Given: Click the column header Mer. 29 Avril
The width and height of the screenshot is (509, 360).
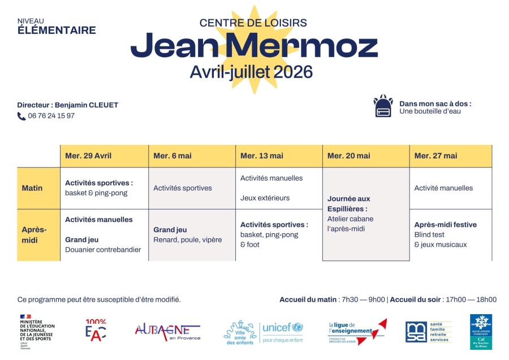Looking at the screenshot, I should pos(88,156).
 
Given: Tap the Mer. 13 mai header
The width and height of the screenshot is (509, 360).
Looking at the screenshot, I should pos(262,156).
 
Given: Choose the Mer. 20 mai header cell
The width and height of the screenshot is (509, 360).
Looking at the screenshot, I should pos(349,156).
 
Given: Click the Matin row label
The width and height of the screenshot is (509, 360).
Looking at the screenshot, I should pos(32,188).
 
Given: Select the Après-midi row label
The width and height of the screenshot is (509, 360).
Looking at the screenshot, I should pos(34,235).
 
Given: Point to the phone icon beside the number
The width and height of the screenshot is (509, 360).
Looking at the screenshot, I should pos(21,116).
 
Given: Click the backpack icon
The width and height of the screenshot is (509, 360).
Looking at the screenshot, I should pos(383,106).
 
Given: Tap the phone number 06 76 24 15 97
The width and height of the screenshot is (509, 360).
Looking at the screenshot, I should pos(51,116).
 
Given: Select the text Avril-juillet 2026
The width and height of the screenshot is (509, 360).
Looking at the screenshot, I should pos(251,72).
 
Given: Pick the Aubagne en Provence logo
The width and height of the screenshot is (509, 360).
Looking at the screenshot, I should pos(167,332).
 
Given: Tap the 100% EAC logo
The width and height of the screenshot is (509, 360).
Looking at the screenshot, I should pos(96,331).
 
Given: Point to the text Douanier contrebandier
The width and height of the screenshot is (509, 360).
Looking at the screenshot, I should pos(103,250).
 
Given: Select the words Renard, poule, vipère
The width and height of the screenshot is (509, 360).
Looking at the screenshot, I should pos(187,240).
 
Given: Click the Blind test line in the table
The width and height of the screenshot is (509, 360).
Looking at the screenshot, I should pos(429,235).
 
